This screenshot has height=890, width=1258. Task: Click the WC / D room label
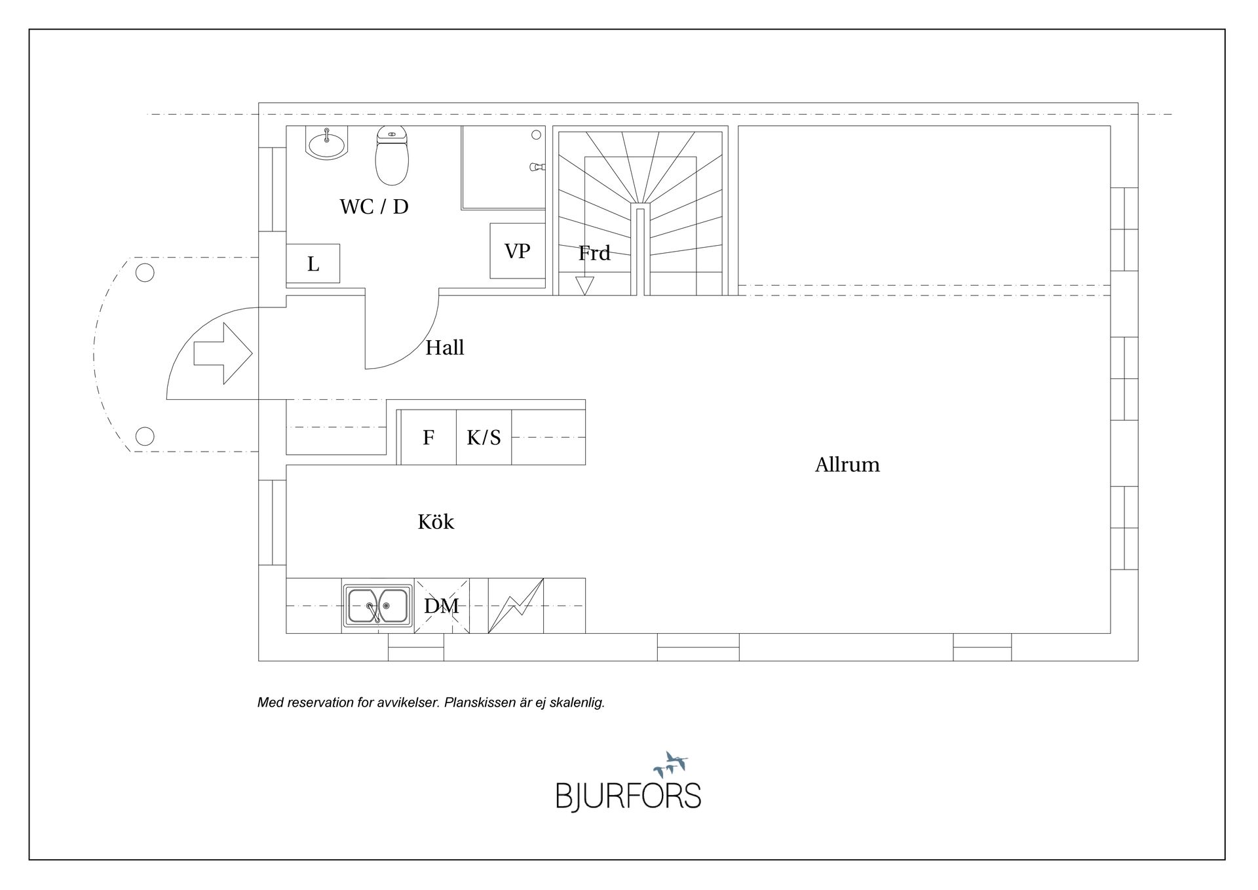[x=374, y=206]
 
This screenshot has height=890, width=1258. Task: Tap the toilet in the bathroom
[x=392, y=156]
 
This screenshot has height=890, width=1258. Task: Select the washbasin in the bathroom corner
[x=326, y=143]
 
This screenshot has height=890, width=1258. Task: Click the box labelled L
[x=313, y=263]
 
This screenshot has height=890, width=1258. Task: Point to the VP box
[x=518, y=250]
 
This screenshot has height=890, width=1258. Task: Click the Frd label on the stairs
[x=594, y=253]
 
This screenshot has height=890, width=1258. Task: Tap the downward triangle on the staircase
[x=584, y=286]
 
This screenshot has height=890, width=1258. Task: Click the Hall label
[x=445, y=347]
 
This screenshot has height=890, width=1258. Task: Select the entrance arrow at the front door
[x=223, y=353]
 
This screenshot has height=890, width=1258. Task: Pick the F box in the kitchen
[x=429, y=437]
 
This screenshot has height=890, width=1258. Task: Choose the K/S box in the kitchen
[x=484, y=437]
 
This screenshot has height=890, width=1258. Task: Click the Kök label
[x=436, y=522]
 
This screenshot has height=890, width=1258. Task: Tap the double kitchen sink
[x=378, y=606]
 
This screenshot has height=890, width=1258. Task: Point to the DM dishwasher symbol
[x=442, y=606]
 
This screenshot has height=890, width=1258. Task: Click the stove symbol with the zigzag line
[x=516, y=606]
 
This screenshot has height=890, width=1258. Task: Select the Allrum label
[x=847, y=465]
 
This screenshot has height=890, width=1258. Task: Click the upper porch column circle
[x=145, y=272]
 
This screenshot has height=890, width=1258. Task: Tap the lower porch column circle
[x=145, y=436]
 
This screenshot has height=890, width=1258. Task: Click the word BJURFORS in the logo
[x=628, y=796]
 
